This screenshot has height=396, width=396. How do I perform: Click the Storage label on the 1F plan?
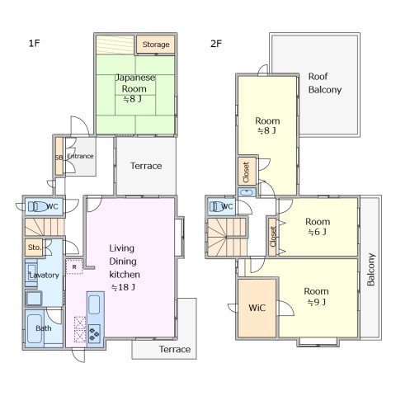[156, 45]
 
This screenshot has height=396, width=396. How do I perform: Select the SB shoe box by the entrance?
[59, 156]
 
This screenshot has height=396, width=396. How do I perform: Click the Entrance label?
[80, 156]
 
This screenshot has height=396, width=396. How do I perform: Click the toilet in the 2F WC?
[217, 206]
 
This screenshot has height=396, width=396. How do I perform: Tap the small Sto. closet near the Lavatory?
[34, 247]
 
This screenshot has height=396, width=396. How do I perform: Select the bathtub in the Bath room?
[35, 328]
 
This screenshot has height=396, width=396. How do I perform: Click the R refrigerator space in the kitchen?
[74, 266]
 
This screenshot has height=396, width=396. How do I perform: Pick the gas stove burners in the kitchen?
[94, 333]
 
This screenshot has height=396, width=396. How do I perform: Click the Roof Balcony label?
[325, 83]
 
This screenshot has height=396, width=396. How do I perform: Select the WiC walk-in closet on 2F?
[257, 308]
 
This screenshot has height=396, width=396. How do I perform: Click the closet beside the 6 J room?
[272, 237]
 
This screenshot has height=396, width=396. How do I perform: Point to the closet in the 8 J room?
[247, 171]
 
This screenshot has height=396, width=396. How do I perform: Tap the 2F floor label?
[216, 44]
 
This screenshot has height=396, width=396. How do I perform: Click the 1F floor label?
[35, 43]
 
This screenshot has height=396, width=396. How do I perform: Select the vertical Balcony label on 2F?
[371, 270]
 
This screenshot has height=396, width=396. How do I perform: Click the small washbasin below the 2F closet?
[247, 192]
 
